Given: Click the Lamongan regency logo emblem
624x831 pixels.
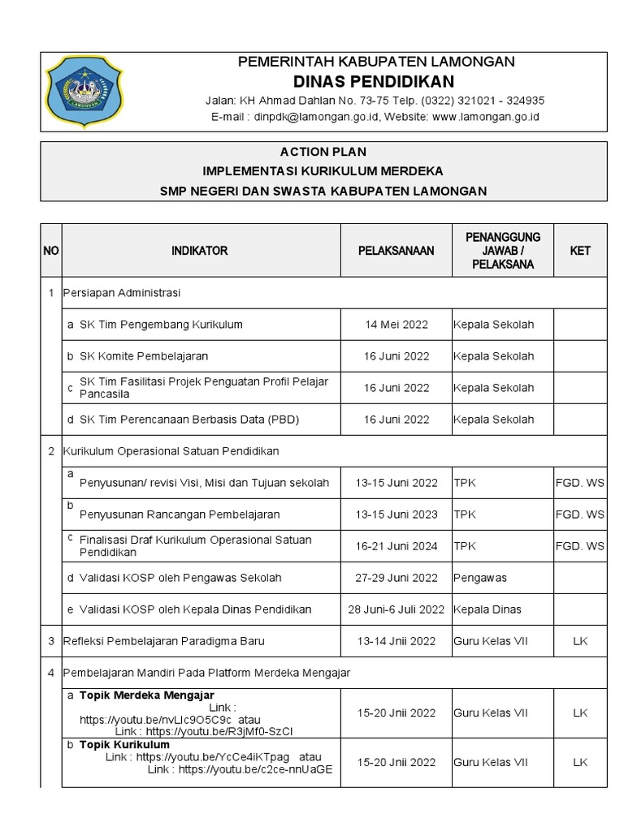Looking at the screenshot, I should [x=84, y=92].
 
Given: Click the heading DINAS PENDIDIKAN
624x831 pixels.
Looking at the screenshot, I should [x=374, y=82].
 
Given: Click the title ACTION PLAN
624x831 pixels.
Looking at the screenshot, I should [x=323, y=152].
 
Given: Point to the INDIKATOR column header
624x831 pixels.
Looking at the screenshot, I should [x=199, y=251].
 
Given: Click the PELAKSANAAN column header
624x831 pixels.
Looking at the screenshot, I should [x=396, y=251].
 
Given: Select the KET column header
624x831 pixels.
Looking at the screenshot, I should [x=579, y=251].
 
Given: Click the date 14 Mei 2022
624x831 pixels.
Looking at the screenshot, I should [x=396, y=325].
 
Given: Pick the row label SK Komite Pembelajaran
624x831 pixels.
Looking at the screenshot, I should [x=144, y=356].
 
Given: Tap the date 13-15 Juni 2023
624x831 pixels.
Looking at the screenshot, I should [x=396, y=515].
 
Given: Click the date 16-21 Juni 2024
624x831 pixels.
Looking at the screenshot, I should [x=396, y=546].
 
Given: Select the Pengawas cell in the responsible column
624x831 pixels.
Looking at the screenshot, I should [x=479, y=578].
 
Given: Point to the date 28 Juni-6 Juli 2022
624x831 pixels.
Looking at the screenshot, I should [x=396, y=609].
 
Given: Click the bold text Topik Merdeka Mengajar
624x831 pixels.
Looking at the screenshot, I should [x=146, y=695].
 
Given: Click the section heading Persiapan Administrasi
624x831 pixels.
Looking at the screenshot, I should [x=122, y=292].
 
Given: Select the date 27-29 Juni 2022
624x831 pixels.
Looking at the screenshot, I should [x=396, y=578].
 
